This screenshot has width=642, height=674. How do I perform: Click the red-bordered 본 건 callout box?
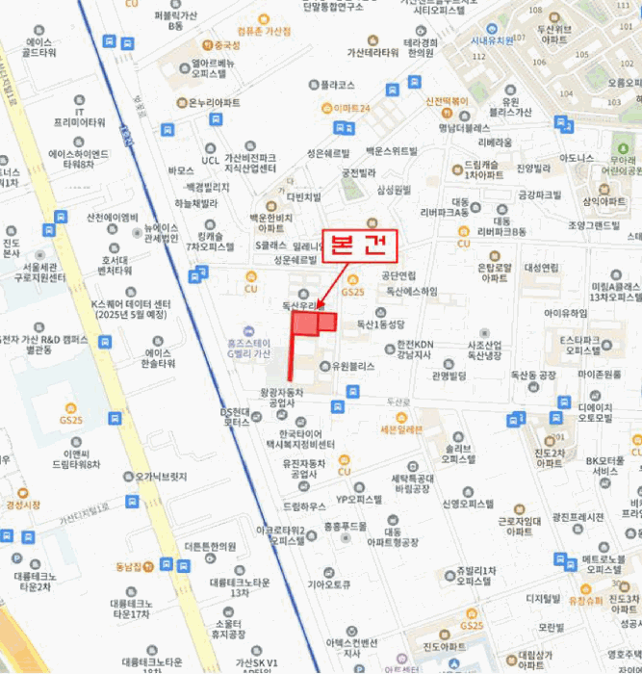pos(359,245)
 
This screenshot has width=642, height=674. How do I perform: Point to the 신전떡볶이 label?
pos(446,100)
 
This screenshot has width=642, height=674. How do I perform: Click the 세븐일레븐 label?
pos(400,429)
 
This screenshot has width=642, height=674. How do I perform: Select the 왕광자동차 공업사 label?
pos(282,398)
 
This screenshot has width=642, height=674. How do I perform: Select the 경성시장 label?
pos(24,504)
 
